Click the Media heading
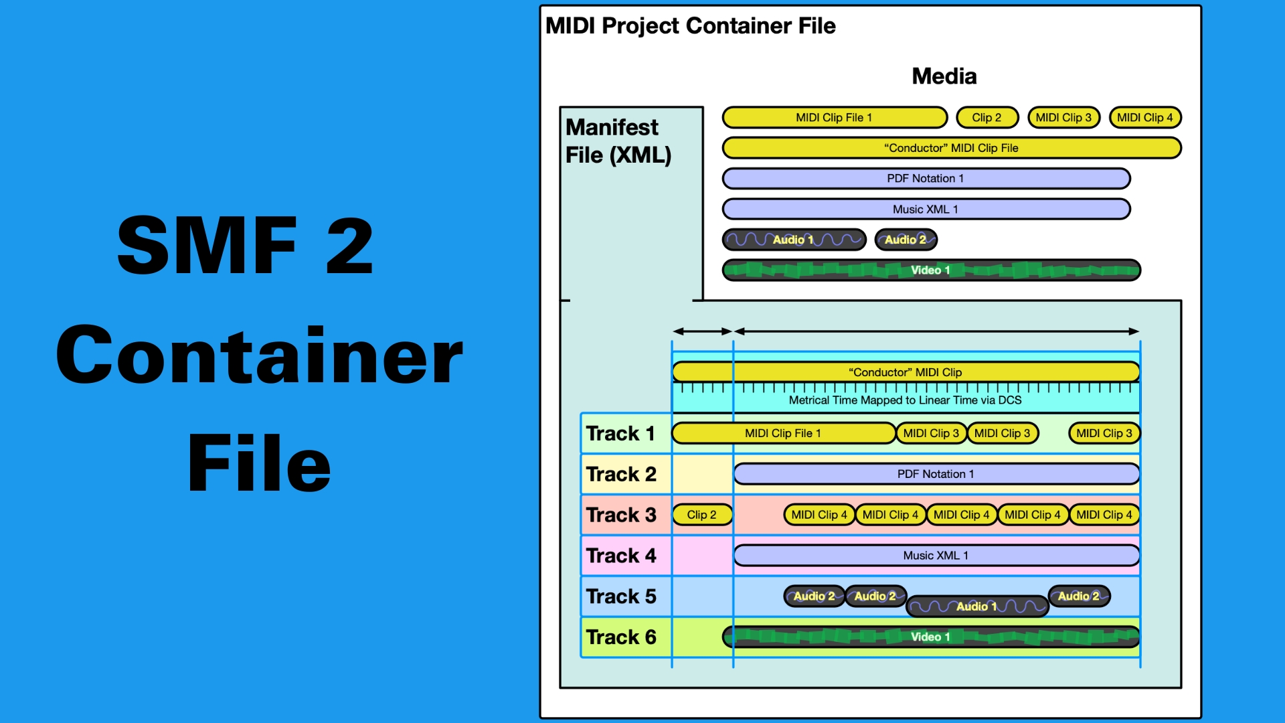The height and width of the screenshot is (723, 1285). (x=944, y=76)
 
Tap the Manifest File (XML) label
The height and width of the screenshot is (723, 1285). (x=618, y=141)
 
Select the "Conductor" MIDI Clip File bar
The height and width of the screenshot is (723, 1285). (x=951, y=148)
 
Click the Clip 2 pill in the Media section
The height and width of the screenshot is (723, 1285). (x=987, y=118)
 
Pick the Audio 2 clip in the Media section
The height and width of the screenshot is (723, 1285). (x=906, y=240)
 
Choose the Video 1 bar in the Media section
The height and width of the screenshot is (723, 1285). (x=931, y=270)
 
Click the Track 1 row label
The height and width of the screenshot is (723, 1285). (x=620, y=434)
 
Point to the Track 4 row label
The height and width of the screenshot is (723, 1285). (x=620, y=556)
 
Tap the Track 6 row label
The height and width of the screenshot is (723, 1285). (x=620, y=637)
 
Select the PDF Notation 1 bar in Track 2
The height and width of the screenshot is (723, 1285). (x=936, y=474)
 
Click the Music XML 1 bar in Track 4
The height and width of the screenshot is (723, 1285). (x=936, y=556)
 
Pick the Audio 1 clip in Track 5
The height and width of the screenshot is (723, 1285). (x=976, y=607)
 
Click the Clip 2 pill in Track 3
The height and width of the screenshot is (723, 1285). (x=701, y=515)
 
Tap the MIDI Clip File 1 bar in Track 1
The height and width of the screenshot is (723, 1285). (x=783, y=434)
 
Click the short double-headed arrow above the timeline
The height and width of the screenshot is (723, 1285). (x=702, y=331)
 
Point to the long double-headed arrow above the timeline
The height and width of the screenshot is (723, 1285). (x=936, y=331)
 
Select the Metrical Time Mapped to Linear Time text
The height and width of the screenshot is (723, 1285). (x=905, y=400)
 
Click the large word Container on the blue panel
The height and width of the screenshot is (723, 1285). (x=259, y=355)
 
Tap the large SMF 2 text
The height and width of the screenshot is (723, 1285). (x=245, y=246)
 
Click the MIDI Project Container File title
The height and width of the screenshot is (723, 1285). (x=690, y=26)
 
